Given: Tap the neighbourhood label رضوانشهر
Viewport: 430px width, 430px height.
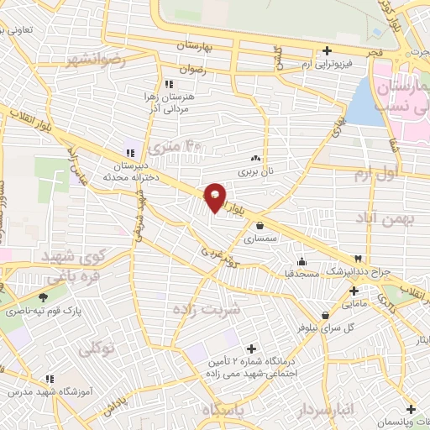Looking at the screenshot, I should pyautogui.click(x=99, y=60).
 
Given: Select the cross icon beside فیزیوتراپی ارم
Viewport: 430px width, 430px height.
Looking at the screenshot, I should pyautogui.click(x=328, y=50).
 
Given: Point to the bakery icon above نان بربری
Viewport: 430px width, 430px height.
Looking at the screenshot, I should pyautogui.click(x=255, y=158).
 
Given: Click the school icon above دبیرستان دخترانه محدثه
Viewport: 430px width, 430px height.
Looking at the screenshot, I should pyautogui.click(x=129, y=153).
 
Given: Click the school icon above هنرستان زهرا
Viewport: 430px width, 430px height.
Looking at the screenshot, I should pyautogui.click(x=168, y=84).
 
